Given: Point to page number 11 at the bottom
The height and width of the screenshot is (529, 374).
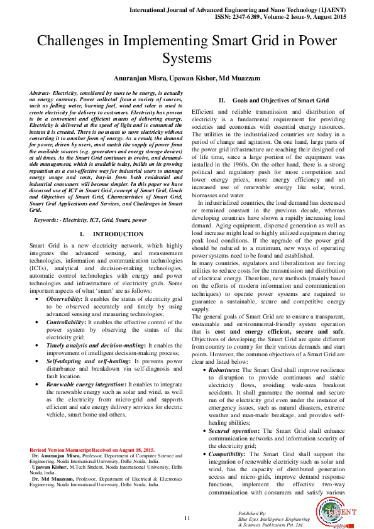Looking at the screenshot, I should [x=187, y=517].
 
